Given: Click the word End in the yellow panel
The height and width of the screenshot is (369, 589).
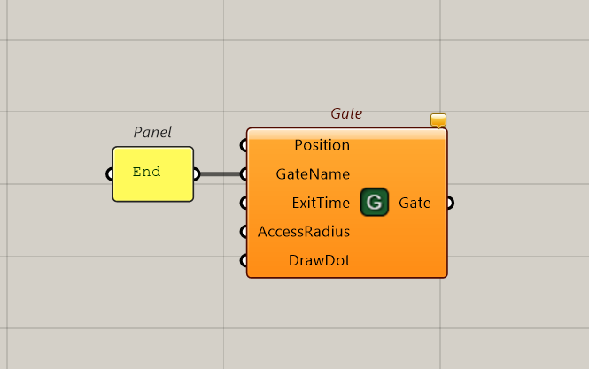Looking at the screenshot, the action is click(146, 172).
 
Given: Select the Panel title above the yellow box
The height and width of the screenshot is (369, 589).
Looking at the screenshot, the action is click(152, 132).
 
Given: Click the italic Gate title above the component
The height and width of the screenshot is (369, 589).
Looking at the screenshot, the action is click(346, 113).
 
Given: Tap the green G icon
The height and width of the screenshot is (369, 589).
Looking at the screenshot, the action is click(374, 203).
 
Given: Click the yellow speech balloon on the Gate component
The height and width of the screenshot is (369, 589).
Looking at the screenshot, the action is click(438, 120).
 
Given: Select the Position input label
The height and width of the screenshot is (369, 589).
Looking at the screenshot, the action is click(322, 145).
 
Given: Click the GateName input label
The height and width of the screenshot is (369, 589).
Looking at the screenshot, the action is click(313, 174).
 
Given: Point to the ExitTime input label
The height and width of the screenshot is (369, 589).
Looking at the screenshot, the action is click(321, 203).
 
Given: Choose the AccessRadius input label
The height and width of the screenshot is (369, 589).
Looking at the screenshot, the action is click(304, 232).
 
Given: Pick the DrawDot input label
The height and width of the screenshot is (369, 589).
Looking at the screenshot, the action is click(319, 260).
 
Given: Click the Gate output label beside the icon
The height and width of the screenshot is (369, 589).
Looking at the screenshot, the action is click(415, 203).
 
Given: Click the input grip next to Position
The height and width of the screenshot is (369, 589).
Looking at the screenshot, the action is click(244, 145).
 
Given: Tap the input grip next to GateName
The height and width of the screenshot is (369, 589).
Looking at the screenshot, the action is click(244, 174).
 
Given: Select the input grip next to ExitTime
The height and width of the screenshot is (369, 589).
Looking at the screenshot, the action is click(244, 203).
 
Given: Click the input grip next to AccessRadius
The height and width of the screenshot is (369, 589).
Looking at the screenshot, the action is click(244, 232).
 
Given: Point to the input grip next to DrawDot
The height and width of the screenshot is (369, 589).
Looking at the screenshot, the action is click(244, 260).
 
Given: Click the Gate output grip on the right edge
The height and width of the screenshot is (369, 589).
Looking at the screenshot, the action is click(451, 203).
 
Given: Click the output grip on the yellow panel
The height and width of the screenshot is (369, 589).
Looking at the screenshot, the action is click(197, 174).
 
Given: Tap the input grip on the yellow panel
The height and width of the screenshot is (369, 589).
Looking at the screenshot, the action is click(109, 174).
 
